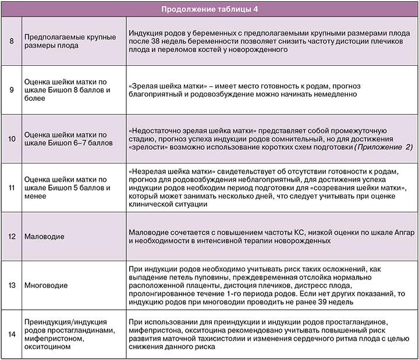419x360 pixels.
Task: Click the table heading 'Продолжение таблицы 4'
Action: (x=209, y=8)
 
